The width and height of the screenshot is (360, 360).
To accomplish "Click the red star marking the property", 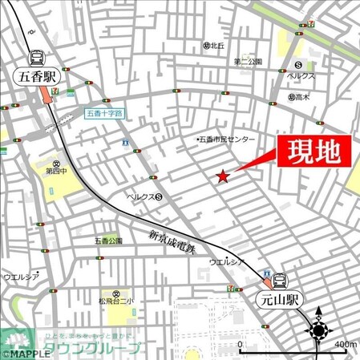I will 223,176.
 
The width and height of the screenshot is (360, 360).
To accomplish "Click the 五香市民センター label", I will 227,140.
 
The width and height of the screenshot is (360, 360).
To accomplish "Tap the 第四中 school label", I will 56,171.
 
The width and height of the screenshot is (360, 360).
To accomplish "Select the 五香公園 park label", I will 108,240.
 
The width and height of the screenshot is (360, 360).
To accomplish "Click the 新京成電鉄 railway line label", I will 172,242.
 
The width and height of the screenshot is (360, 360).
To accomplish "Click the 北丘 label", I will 217,46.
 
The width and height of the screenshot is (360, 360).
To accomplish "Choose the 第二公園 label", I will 249,62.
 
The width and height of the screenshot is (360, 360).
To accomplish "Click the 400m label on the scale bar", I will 346,345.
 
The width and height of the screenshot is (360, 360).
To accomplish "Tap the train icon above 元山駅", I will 280,281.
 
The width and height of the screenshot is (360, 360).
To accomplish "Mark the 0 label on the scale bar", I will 241,345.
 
